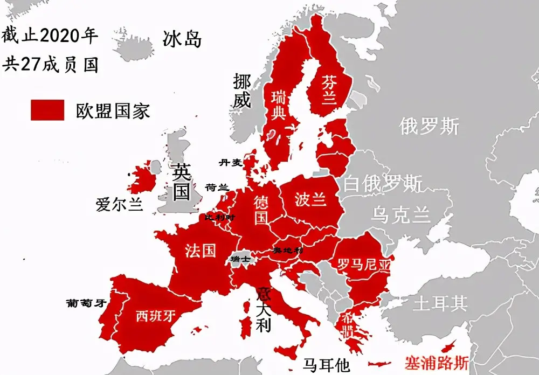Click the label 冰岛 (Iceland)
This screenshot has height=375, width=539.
click(182, 38)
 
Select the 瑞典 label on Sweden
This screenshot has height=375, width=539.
click(279, 106)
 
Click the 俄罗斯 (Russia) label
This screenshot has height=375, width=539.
click(429, 126)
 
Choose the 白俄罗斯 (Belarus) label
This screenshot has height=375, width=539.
click(383, 184)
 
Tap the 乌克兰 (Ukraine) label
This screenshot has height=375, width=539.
click(400, 215)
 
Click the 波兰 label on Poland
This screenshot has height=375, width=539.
click(310, 199)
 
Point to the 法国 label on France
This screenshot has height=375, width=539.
click(201, 250)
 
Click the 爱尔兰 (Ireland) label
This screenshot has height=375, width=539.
click(119, 205)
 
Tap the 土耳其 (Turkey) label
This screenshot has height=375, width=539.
click(440, 303)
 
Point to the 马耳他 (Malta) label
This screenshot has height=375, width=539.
click(326, 365)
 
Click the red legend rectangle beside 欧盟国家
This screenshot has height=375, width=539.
click(47, 110)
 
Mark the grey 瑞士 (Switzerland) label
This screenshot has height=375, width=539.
click(240, 259)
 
